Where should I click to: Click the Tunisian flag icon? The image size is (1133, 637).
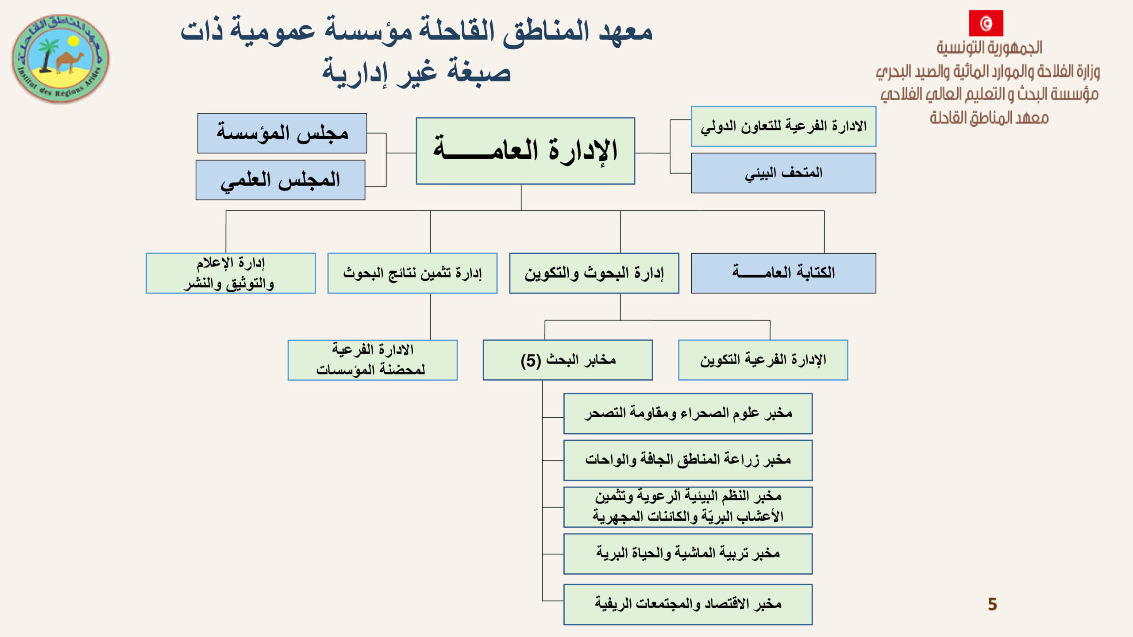pos(986,23)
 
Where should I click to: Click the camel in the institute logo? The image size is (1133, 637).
pos(70,61)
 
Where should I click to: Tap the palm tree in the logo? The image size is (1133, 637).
pos(47,55)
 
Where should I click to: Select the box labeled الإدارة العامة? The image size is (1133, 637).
pos(525,151)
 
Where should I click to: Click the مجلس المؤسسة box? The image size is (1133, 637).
pos(282,133)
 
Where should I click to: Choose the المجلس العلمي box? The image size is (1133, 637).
pos(281,180)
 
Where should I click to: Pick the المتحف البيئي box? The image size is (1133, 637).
pos(783,173)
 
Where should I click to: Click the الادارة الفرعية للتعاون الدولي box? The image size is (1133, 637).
pos(783,126)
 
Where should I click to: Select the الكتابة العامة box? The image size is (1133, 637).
pos(783,273)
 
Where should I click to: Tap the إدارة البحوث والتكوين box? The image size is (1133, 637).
pos(594,273)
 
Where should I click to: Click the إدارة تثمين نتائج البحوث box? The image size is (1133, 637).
pos(412,273)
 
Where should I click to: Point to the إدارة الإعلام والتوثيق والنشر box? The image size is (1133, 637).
pos(231,273)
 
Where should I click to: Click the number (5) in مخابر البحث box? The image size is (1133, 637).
pos(531,361)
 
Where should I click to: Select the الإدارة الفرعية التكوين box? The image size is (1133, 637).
pos(763,360)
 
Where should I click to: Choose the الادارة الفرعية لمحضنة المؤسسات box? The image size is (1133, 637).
pos(373,360)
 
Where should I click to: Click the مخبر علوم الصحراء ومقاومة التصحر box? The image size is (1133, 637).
pos(688,414)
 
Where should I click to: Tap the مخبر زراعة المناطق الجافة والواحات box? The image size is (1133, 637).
pos(688,460)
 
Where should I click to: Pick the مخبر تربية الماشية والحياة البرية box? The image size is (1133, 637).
pos(688,554)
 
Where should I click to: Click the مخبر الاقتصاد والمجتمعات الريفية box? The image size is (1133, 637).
pos(688,604)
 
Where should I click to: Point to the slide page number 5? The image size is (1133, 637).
pos(992,604)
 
